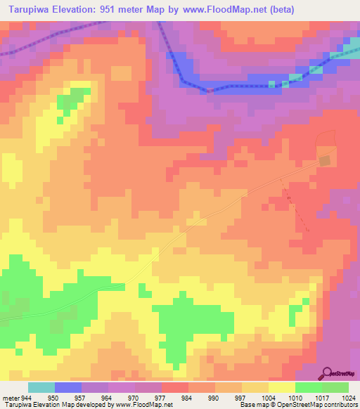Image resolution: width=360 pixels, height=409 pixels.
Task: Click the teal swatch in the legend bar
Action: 41,387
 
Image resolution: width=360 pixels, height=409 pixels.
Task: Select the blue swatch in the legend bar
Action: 67,387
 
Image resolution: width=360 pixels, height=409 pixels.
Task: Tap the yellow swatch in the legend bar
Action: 281,387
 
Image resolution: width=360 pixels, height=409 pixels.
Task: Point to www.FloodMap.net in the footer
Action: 146,404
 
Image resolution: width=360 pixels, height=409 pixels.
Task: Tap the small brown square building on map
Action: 325,161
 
